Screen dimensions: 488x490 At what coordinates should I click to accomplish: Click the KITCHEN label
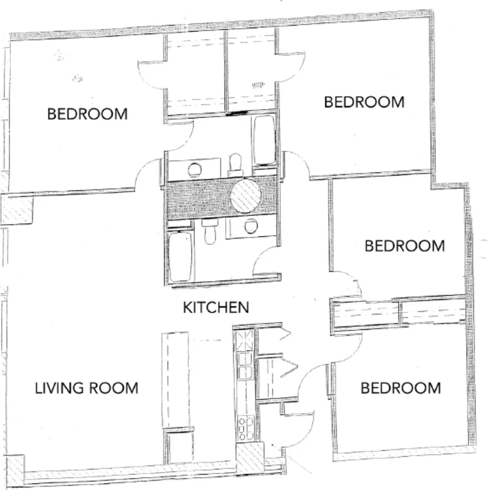tap(216, 308)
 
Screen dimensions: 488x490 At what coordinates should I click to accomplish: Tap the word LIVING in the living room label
tap(59, 388)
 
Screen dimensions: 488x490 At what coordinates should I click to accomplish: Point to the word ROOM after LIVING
tap(114, 388)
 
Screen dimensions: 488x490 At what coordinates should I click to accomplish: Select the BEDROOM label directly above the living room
tap(88, 114)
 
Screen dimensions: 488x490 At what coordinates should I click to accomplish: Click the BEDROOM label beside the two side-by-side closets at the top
tap(364, 102)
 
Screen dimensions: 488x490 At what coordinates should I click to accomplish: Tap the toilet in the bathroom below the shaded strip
tap(210, 231)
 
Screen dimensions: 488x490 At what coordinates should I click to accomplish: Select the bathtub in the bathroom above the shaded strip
tap(264, 140)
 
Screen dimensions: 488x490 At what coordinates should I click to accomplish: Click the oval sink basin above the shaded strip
tap(195, 170)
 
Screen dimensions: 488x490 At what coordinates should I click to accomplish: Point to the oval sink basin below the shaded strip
tap(251, 226)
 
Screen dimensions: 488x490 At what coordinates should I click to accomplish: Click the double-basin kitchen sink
tap(245, 366)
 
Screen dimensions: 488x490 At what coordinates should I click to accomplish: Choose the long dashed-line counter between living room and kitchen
tap(175, 380)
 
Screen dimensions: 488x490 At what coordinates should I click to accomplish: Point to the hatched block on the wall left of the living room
tap(17, 209)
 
